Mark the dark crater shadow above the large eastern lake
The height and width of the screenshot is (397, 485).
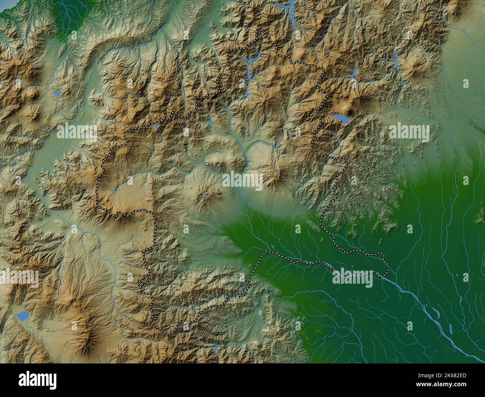350,111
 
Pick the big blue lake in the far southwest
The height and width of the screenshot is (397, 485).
22,317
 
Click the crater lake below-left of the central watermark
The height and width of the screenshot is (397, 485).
206,194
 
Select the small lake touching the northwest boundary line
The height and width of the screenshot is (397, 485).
155,128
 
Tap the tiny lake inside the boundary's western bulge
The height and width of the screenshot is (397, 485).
113,192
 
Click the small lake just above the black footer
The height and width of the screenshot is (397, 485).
216,348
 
